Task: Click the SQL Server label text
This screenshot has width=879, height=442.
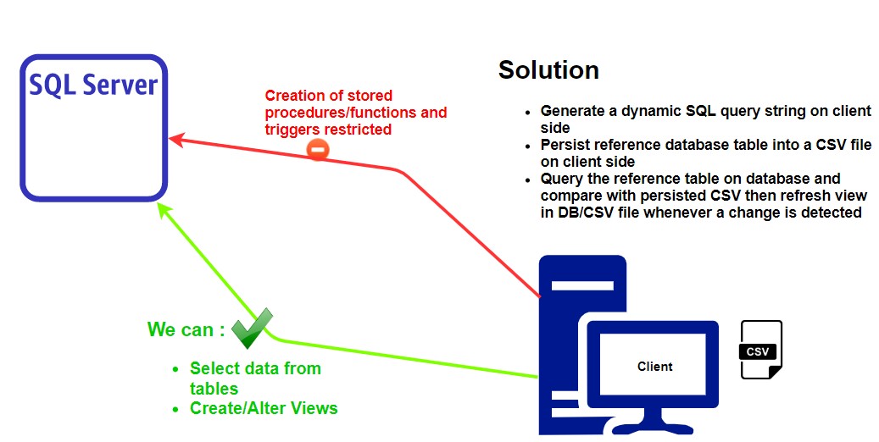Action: (x=93, y=85)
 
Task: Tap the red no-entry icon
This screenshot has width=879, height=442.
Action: (x=318, y=151)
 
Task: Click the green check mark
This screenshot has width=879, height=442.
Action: (x=252, y=329)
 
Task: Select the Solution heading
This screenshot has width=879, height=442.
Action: (x=548, y=69)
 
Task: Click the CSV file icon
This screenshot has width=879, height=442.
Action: (x=760, y=350)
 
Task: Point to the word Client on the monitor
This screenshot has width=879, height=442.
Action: (x=654, y=367)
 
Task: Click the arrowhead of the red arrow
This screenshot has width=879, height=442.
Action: (x=175, y=137)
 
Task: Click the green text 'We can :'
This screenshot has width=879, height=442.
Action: (x=186, y=329)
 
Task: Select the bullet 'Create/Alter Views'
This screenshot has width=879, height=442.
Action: (x=263, y=408)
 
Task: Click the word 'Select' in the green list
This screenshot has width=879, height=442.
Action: (x=214, y=368)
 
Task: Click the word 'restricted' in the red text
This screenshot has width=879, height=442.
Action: (x=359, y=130)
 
